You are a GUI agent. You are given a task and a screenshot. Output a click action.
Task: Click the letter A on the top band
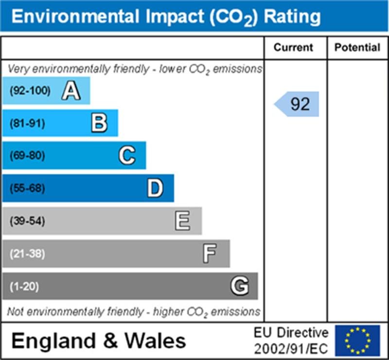click(71, 91)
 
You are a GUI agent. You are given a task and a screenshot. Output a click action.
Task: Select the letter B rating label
click(99, 124)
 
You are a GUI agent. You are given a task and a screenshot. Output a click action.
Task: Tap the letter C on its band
click(127, 156)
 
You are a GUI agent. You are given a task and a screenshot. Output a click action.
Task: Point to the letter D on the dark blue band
click(155, 189)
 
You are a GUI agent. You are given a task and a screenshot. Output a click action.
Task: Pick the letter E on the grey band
click(183, 221)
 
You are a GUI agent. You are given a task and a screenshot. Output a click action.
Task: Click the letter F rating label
click(210, 254)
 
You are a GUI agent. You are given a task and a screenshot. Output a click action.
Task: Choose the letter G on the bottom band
click(239, 287)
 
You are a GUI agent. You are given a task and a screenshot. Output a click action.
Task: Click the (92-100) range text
click(30, 91)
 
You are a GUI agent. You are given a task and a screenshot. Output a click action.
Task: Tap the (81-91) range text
click(27, 124)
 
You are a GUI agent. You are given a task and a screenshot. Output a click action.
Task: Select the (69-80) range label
click(27, 156)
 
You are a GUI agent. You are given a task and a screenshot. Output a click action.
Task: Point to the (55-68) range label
click(27, 189)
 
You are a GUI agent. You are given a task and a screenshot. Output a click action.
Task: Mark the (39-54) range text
click(27, 221)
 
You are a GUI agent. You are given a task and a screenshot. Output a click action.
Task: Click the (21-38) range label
click(27, 254)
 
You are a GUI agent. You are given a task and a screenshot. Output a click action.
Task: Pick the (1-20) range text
click(24, 287)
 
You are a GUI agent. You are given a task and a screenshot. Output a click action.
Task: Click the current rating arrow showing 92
click(298, 104)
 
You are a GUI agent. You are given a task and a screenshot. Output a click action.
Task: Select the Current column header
click(294, 48)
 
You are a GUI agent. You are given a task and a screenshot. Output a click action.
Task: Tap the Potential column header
click(357, 48)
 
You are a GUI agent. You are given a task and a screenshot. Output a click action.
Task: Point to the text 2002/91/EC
click(291, 349)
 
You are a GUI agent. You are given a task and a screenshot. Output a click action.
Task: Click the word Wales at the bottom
click(156, 341)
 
